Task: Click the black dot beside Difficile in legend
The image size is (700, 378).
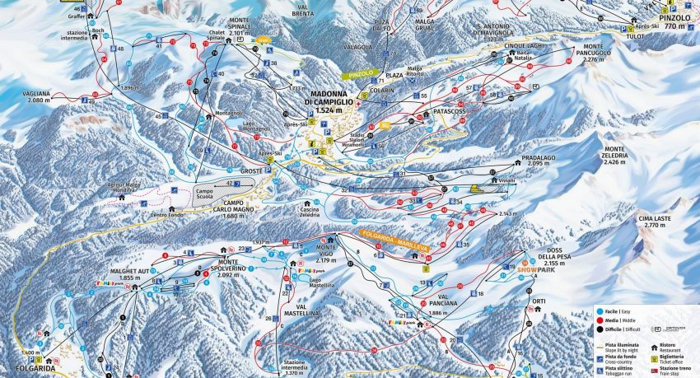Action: coord(600,328)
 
